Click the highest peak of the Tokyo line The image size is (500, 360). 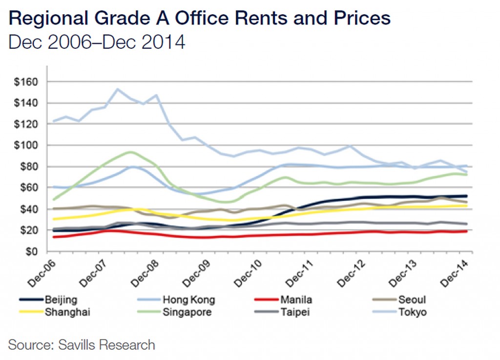[x=117, y=89]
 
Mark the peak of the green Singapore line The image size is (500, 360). [x=130, y=152]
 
